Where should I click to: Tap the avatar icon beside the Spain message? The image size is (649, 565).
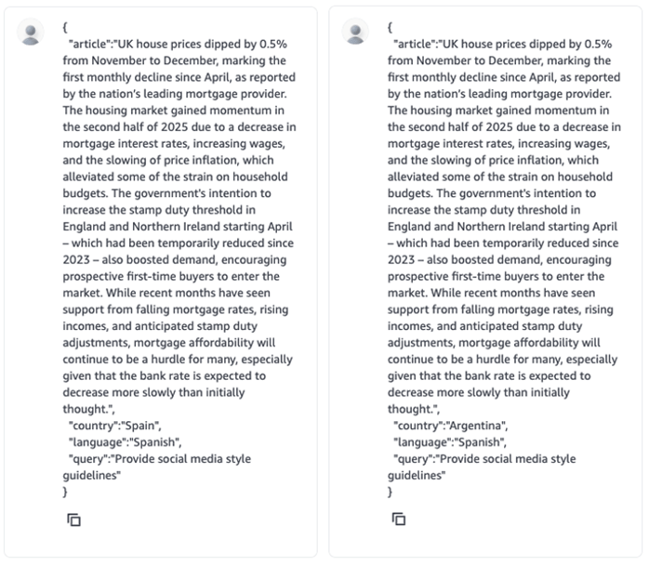tap(32, 33)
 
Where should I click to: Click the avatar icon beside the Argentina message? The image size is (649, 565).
tap(356, 33)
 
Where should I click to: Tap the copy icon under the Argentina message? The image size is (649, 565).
tap(398, 519)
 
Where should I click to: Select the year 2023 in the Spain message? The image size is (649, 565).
tap(82, 260)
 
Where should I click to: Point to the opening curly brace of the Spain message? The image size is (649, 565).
tap(65, 27)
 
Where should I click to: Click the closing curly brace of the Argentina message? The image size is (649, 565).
tap(391, 493)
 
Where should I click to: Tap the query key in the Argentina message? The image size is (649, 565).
tap(413, 459)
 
